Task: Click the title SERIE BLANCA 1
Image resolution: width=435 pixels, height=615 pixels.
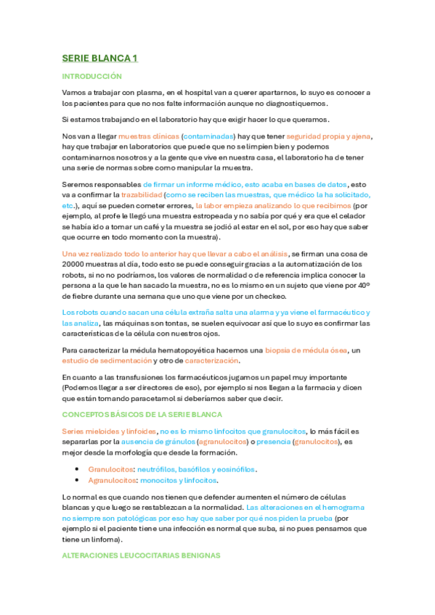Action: (99, 58)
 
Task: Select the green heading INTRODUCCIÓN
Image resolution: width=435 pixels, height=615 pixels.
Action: (92, 76)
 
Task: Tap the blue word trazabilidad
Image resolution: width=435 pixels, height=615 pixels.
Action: (139, 196)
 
